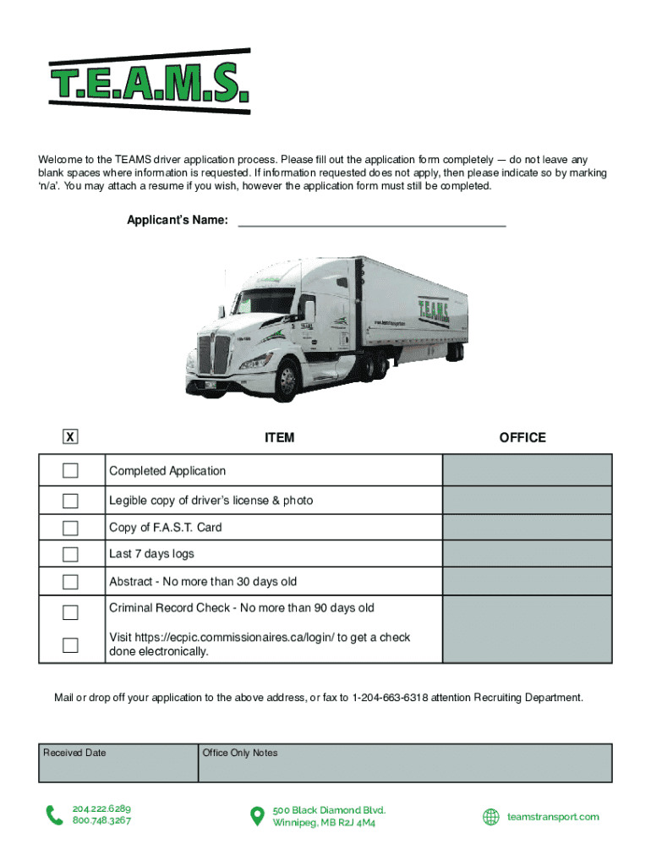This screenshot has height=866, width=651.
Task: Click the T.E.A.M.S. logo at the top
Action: pyautogui.click(x=150, y=80)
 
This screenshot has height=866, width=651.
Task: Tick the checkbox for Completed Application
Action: pyautogui.click(x=70, y=471)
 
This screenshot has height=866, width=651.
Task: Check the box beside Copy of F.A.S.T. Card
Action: pyautogui.click(x=70, y=529)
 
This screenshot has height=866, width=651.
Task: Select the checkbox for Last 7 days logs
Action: pyautogui.click(x=70, y=555)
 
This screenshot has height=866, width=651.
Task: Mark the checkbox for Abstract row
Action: pyautogui.click(x=70, y=582)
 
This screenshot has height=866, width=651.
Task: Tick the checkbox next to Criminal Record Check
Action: pyautogui.click(x=70, y=611)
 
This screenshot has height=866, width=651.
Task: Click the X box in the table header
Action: pyautogui.click(x=70, y=437)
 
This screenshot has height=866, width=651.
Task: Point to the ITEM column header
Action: pyautogui.click(x=279, y=438)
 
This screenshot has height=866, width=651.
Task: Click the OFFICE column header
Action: pyautogui.click(x=522, y=438)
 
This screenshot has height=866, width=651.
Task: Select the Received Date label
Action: pyautogui.click(x=74, y=753)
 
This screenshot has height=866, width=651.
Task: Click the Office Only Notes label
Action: pyautogui.click(x=240, y=753)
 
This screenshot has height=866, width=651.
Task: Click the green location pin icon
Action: pyautogui.click(x=257, y=816)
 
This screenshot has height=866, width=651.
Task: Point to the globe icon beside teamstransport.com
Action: pyautogui.click(x=490, y=817)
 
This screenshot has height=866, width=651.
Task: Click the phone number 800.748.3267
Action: pyautogui.click(x=101, y=821)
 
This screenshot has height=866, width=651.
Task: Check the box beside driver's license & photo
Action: pyautogui.click(x=70, y=501)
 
